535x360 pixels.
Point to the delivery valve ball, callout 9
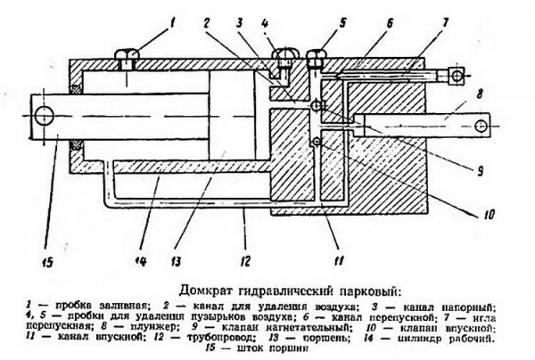point(314,107)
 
